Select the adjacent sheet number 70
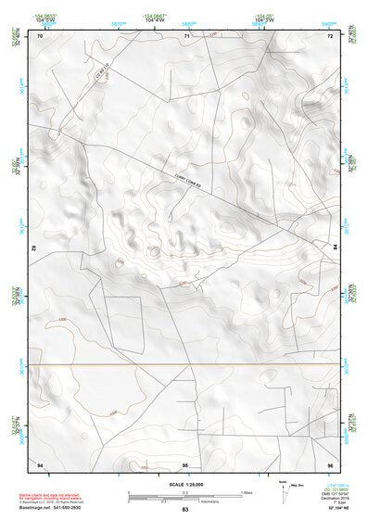[39, 36]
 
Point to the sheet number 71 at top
[186, 36]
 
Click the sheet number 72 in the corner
[330, 36]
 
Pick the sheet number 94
[39, 463]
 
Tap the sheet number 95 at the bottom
[185, 463]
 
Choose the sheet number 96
[330, 463]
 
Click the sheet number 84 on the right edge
[335, 246]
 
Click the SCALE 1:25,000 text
[184, 483]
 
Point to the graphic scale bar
[184, 494]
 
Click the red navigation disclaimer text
[52, 493]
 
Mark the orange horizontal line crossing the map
[184, 364]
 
